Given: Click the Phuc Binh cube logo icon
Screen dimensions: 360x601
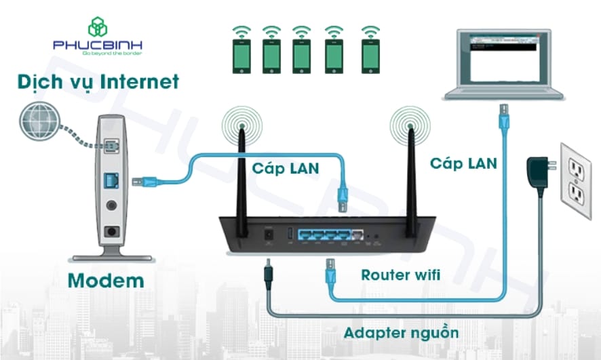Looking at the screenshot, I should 98,26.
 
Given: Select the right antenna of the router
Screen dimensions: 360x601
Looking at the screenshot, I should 410,173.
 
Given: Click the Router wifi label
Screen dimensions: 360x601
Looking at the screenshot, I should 401,275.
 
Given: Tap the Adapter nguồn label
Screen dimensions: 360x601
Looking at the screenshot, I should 401,333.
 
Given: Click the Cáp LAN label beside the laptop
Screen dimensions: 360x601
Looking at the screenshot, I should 463,163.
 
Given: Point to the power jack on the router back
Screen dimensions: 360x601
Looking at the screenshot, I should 269,234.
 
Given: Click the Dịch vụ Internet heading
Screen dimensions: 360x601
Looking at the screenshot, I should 99,83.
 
